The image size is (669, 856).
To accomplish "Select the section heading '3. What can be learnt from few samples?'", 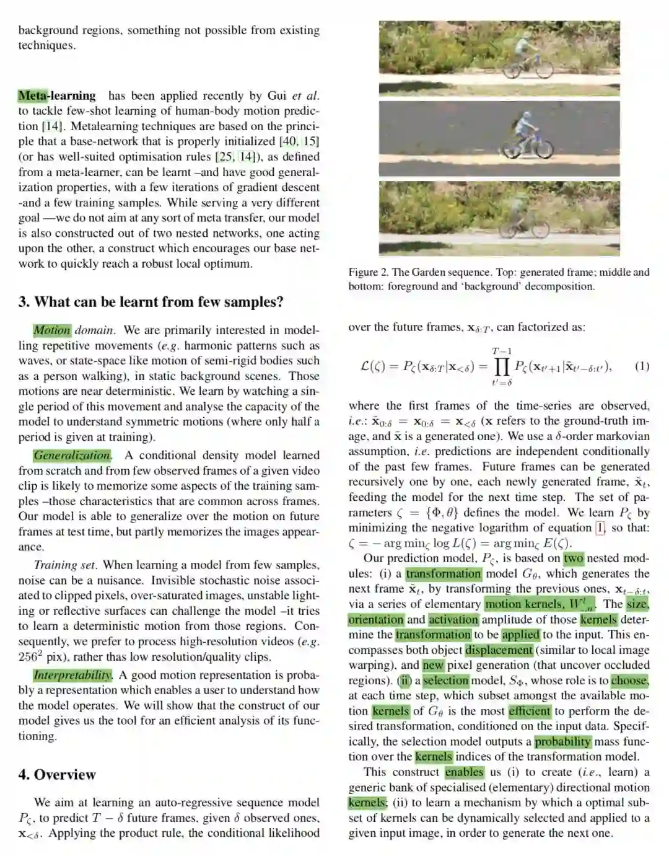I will (x=151, y=302).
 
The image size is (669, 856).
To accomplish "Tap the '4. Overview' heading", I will (x=57, y=774).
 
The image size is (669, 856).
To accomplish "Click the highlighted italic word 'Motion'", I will (x=52, y=330).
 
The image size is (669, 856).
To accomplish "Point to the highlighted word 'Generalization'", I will (x=72, y=455).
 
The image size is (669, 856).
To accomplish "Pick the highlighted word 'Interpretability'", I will (x=72, y=675).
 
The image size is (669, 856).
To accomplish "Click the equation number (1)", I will (x=642, y=366).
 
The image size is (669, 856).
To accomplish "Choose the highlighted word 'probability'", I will (x=562, y=741).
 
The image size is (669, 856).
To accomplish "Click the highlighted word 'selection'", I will (x=446, y=681).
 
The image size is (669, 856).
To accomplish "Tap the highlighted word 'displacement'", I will (x=499, y=650).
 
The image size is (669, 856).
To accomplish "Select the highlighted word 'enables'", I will (x=464, y=772).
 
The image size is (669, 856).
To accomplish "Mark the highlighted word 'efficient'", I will (x=529, y=711).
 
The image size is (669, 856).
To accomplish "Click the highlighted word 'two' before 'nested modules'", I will (x=573, y=558).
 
